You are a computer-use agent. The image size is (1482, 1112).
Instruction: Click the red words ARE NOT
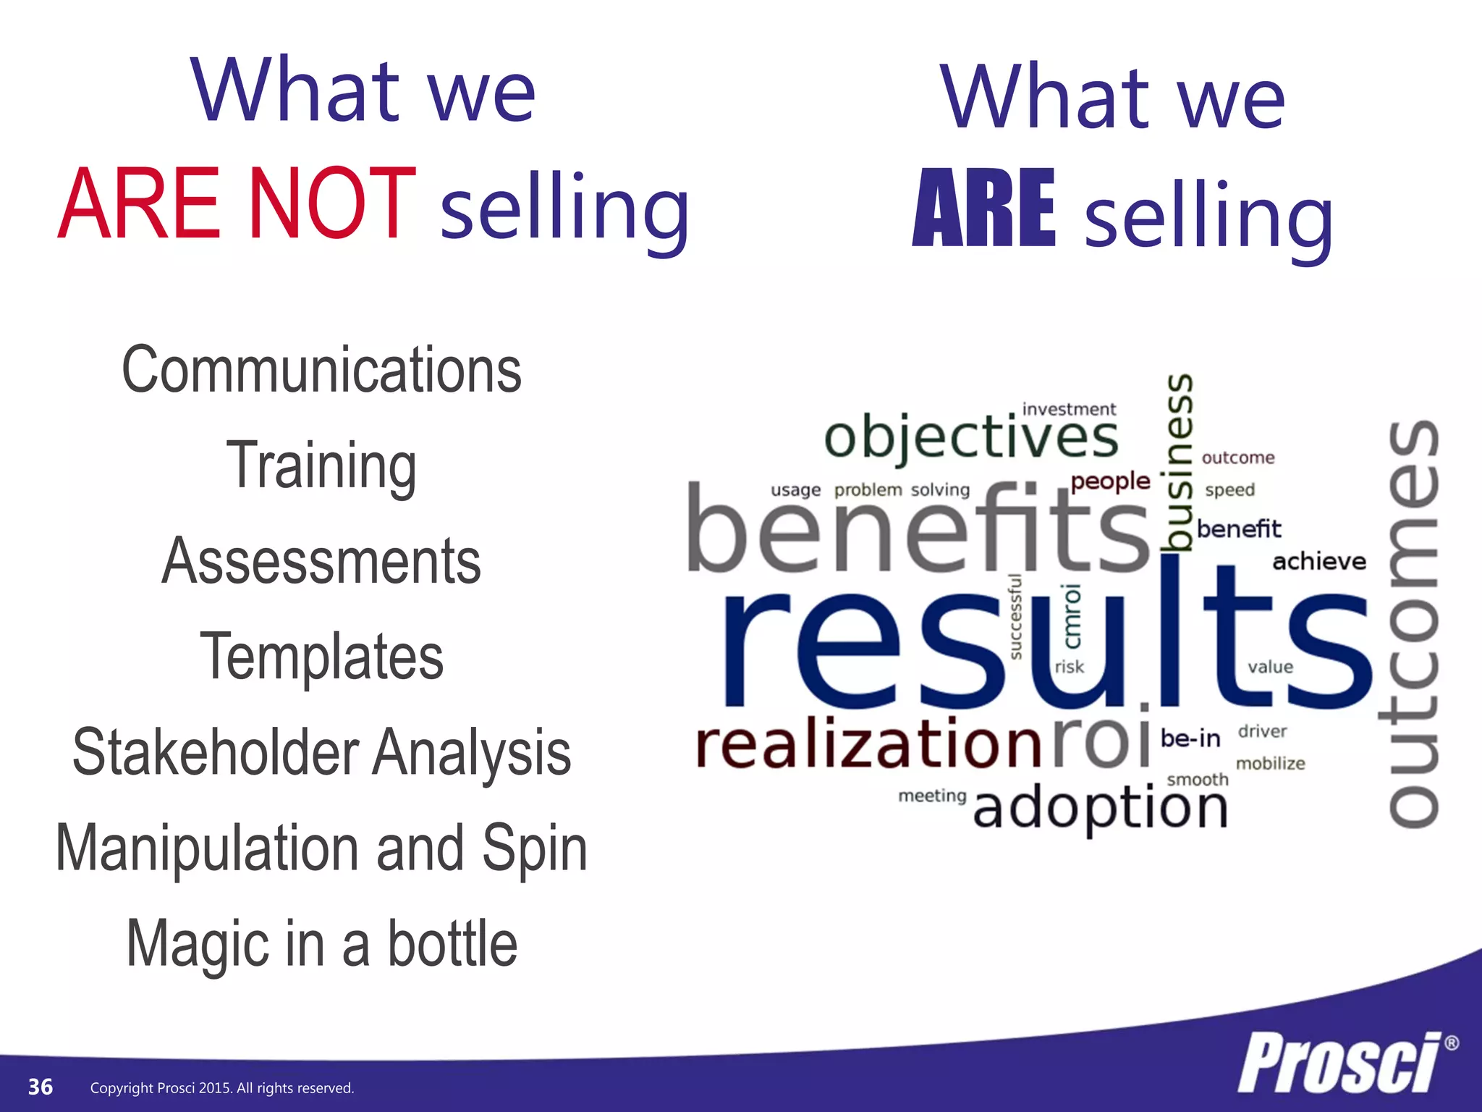click(237, 203)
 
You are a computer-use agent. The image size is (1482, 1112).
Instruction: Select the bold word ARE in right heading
click(984, 208)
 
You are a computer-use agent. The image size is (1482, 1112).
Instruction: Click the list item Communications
click(321, 370)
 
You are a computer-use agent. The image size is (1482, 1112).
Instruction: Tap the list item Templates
click(321, 656)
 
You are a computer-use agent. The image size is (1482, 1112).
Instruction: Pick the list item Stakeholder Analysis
click(321, 752)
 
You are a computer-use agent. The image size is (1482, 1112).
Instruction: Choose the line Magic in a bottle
click(321, 943)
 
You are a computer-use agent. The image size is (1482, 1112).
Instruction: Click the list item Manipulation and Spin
click(321, 848)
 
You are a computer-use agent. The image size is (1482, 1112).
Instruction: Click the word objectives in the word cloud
click(970, 437)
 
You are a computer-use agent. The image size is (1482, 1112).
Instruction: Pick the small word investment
click(1069, 409)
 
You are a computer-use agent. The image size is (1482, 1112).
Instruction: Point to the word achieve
click(1318, 561)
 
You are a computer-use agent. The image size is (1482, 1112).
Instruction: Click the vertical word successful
click(1016, 617)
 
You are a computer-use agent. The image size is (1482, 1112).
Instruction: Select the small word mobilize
click(1270, 763)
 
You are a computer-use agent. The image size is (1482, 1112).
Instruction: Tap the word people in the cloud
click(1110, 481)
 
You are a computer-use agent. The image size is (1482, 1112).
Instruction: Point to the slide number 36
click(41, 1087)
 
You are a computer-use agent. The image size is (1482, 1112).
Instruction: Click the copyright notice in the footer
click(222, 1088)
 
